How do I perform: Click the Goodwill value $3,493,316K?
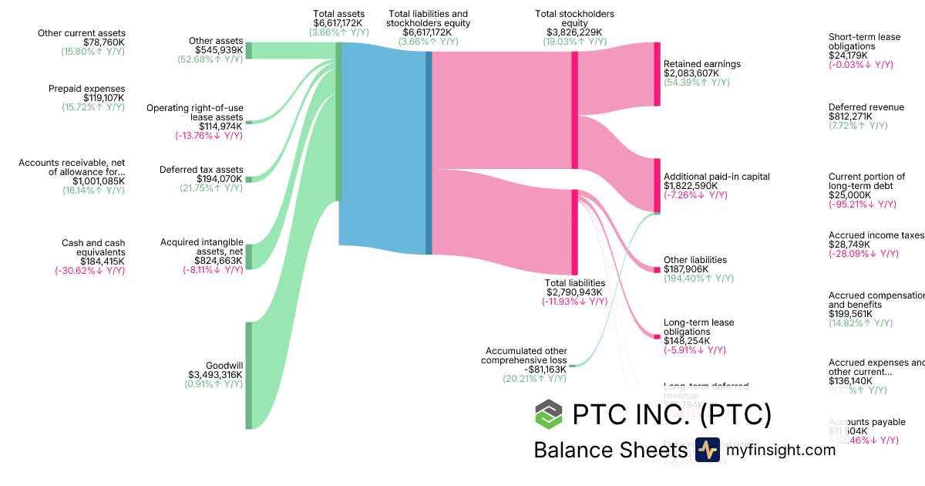click(x=215, y=375)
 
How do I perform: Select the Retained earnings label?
click(x=701, y=64)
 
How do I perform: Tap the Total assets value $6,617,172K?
click(x=338, y=24)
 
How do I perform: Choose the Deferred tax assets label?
click(x=201, y=170)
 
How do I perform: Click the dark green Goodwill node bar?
click(x=248, y=375)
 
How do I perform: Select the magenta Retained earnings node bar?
click(x=657, y=74)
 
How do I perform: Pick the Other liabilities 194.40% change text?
click(x=698, y=278)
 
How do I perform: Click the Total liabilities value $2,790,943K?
click(x=575, y=292)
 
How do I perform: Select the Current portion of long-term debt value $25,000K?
click(x=848, y=195)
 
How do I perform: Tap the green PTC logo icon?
click(x=549, y=414)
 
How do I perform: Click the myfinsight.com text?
click(x=781, y=450)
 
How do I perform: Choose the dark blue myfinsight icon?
click(x=707, y=450)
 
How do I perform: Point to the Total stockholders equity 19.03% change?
click(x=575, y=42)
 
